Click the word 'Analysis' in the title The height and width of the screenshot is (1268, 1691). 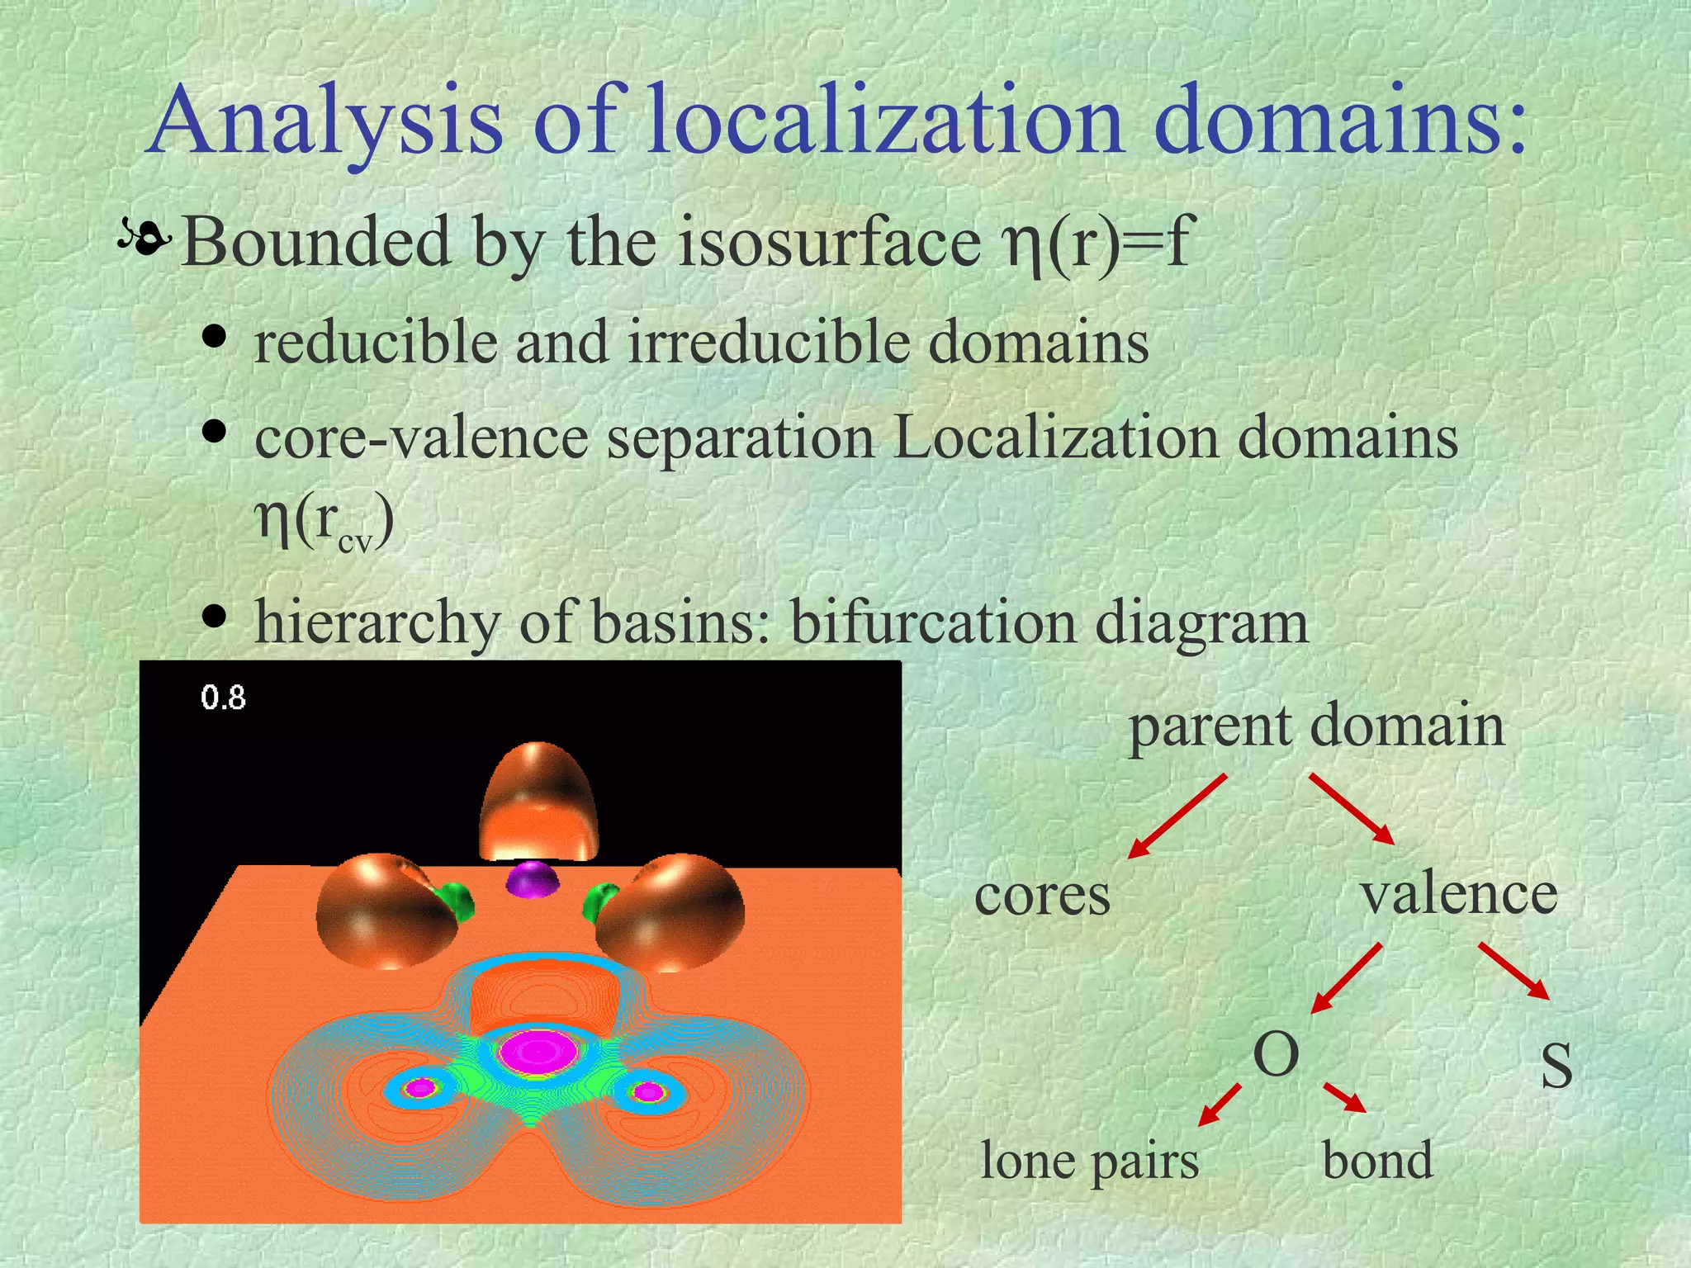click(x=325, y=122)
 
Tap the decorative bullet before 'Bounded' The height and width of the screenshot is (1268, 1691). click(x=144, y=239)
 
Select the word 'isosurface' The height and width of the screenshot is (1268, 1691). click(x=829, y=243)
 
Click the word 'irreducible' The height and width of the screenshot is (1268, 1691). click(x=769, y=342)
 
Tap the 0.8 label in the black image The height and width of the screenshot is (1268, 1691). click(x=223, y=698)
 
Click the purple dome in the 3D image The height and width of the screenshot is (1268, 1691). click(x=533, y=880)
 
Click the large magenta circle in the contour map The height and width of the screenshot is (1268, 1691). click(x=538, y=1053)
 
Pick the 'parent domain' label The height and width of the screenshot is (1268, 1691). click(x=1316, y=726)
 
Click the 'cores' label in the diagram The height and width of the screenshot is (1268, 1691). click(x=1042, y=895)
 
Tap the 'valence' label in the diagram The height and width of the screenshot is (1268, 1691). click(x=1459, y=893)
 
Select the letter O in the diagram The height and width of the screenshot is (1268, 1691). click(x=1276, y=1054)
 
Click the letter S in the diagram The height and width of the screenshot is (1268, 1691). click(x=1556, y=1066)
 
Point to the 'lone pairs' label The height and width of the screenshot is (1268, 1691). click(x=1089, y=1161)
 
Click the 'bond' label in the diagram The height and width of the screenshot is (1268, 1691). click(x=1377, y=1161)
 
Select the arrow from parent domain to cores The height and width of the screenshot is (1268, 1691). click(x=1176, y=817)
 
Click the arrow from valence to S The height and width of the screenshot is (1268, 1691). click(x=1513, y=971)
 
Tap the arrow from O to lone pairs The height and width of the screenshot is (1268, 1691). click(x=1220, y=1105)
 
